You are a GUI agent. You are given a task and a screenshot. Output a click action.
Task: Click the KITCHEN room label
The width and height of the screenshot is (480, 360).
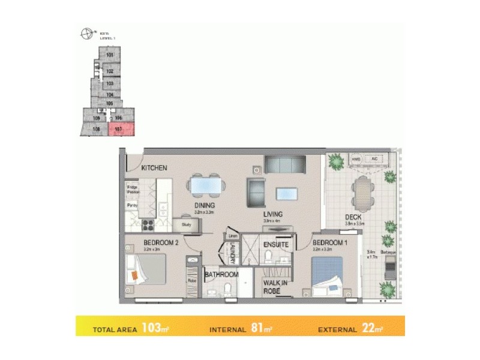154,169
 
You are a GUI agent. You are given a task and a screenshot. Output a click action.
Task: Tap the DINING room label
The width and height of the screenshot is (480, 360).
204,205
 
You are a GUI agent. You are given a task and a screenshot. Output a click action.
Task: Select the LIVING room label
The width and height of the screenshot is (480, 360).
272,214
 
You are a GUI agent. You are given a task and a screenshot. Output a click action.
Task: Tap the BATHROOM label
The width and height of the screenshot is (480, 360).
221,275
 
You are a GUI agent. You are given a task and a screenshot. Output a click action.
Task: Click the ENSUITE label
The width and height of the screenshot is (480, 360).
276,245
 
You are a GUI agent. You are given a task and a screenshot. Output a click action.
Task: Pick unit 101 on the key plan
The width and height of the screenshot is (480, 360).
110,55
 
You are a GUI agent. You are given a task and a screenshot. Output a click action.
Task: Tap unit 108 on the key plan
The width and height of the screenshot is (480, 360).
95,129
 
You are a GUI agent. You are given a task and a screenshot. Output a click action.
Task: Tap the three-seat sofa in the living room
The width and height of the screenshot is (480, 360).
285,164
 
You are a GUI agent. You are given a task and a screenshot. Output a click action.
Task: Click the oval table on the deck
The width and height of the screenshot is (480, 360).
362,190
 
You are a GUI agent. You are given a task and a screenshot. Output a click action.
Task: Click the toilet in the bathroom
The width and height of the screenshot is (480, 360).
227,290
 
